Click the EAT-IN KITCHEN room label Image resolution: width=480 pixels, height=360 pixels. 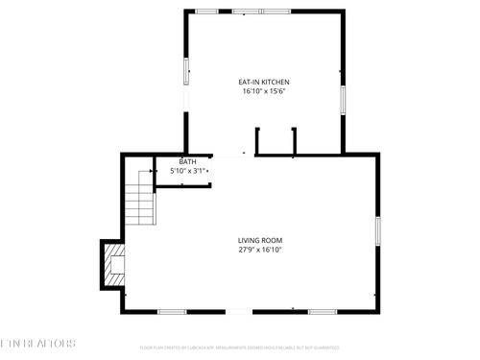(x=263, y=83)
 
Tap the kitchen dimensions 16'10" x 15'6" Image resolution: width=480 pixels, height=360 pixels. (x=263, y=93)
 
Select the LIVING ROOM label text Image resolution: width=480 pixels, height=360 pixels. (x=260, y=240)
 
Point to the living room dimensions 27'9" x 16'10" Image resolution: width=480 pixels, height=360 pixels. (x=260, y=251)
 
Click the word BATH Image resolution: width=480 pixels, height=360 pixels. (x=187, y=161)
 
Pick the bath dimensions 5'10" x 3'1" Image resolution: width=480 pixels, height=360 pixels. (x=189, y=171)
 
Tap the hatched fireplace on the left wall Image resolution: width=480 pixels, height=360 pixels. (x=114, y=263)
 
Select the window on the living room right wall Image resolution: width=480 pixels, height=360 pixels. (x=379, y=230)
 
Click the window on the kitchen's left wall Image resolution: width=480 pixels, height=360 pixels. (x=185, y=72)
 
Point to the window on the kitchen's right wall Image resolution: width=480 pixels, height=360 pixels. (x=342, y=100)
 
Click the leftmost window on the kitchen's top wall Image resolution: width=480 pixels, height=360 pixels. (x=206, y=11)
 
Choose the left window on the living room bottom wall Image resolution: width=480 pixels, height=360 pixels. (x=172, y=312)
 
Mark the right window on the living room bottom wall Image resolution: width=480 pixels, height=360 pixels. (x=321, y=312)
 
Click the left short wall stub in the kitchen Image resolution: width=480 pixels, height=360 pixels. (x=257, y=139)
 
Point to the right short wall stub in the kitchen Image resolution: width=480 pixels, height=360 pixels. (x=294, y=139)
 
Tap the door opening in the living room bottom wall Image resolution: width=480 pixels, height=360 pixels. (x=240, y=312)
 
